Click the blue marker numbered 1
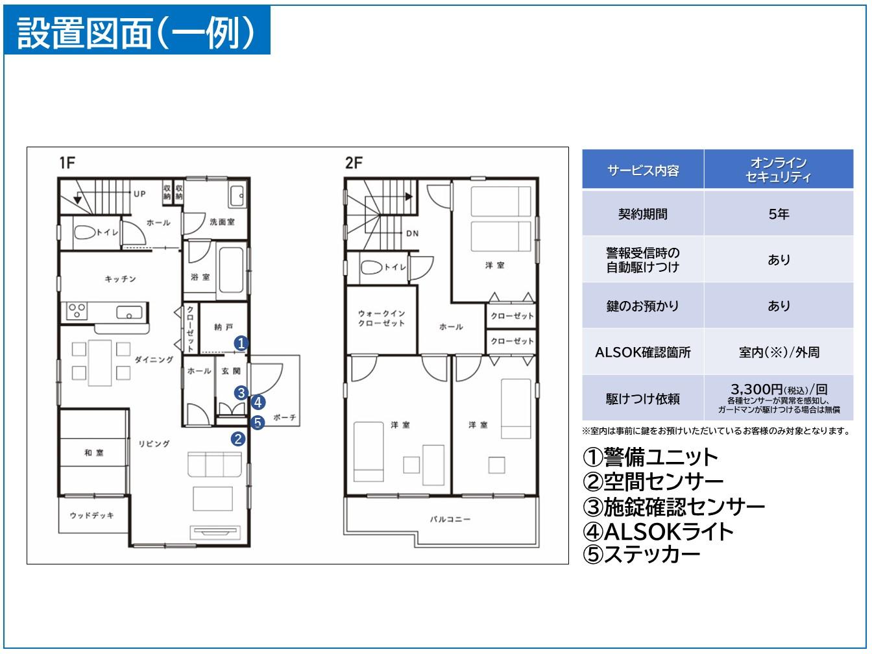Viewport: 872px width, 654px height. click(x=241, y=343)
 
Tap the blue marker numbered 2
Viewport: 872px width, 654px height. click(x=238, y=439)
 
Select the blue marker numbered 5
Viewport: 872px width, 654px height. click(x=258, y=422)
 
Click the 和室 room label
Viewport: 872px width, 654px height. click(x=93, y=453)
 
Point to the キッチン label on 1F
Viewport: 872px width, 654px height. click(x=121, y=279)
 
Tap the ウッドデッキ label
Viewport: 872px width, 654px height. click(x=91, y=515)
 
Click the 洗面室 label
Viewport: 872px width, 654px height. click(x=221, y=222)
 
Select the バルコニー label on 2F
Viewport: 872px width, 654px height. click(x=450, y=520)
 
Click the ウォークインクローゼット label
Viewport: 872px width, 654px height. click(x=381, y=319)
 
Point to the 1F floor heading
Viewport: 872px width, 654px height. click(x=67, y=163)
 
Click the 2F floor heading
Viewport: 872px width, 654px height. click(x=354, y=163)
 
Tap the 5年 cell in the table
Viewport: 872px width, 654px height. click(x=779, y=214)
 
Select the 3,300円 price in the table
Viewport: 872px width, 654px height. click(x=779, y=390)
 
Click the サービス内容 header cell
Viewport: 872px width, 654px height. click(x=642, y=170)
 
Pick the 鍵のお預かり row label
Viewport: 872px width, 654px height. click(x=642, y=306)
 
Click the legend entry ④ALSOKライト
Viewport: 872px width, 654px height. click(x=659, y=531)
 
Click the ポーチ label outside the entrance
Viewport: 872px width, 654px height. click(x=285, y=418)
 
